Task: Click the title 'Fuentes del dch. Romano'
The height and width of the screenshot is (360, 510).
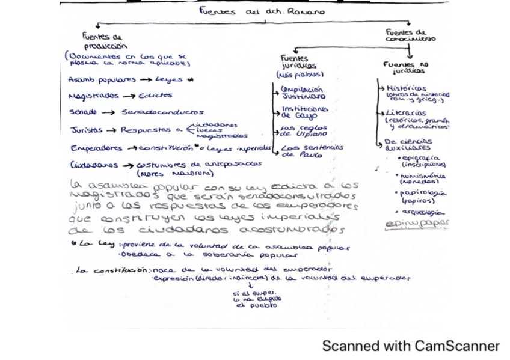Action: tap(262, 11)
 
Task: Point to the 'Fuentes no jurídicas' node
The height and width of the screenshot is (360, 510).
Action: tap(407, 67)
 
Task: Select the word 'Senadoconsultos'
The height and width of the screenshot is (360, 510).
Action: tap(162, 112)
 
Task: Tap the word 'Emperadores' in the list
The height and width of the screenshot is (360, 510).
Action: tap(95, 148)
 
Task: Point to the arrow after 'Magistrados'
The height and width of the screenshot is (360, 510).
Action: tap(129, 96)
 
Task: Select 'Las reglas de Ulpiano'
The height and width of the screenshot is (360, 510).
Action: tap(304, 131)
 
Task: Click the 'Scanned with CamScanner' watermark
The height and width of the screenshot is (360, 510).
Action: tap(411, 346)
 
